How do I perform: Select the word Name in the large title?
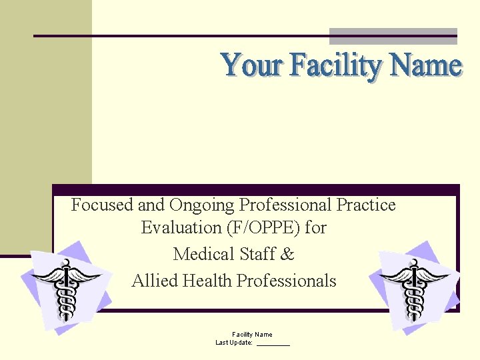426,66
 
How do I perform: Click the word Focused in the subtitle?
102,205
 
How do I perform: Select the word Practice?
367,205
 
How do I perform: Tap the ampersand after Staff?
288,254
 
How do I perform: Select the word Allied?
153,281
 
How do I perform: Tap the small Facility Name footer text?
252,334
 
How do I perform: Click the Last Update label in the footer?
234,343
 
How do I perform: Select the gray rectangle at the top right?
393,36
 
